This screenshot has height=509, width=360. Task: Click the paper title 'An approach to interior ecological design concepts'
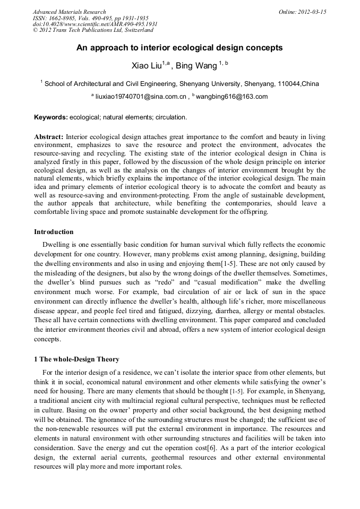pyautogui.click(x=179, y=48)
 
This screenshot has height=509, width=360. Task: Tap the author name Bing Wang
pyautogui.click(x=198, y=66)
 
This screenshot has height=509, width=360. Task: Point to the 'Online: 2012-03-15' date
pyautogui.click(x=302, y=12)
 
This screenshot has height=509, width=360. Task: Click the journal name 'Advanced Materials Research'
pyautogui.click(x=69, y=12)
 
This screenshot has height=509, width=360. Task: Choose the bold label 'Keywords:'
pyautogui.click(x=51, y=117)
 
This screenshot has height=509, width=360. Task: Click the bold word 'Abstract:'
pyautogui.click(x=49, y=136)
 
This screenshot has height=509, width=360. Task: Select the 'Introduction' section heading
pyautogui.click(x=54, y=232)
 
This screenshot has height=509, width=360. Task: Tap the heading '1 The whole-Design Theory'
pyautogui.click(x=76, y=359)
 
